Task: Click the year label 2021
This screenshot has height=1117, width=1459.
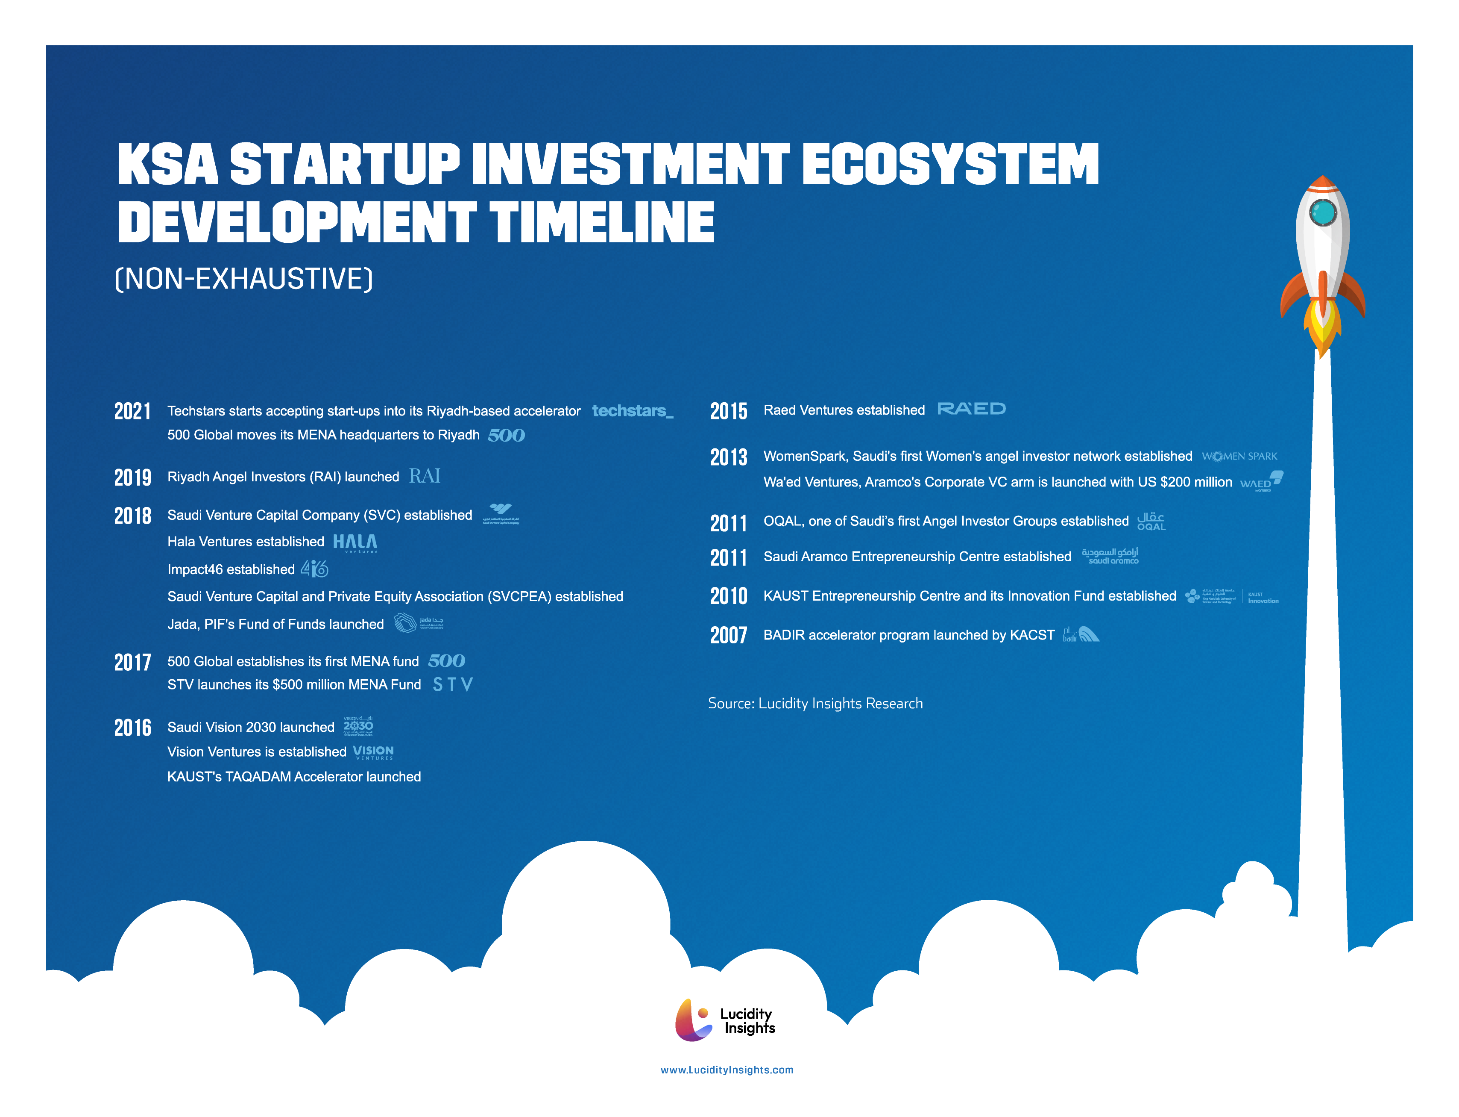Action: click(x=132, y=412)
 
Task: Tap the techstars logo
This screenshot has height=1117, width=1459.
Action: click(x=632, y=411)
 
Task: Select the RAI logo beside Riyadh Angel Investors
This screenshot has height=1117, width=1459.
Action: click(x=425, y=476)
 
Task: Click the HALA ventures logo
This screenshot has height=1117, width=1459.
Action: click(x=355, y=542)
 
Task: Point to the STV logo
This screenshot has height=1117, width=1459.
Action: click(x=452, y=684)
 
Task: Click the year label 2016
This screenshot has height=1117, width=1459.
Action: click(x=132, y=728)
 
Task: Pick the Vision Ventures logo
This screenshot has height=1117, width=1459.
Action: click(x=373, y=752)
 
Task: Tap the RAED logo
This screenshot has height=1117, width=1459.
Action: click(x=971, y=409)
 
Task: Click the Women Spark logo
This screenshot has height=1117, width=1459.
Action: click(x=1239, y=456)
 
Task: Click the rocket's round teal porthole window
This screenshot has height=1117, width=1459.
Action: click(x=1322, y=213)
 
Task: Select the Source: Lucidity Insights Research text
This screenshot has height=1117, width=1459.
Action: click(x=815, y=704)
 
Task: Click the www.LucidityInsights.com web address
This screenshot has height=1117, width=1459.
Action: click(x=727, y=1070)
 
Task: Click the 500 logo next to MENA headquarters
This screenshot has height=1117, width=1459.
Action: click(x=506, y=436)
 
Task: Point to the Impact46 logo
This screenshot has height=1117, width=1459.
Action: click(x=314, y=569)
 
